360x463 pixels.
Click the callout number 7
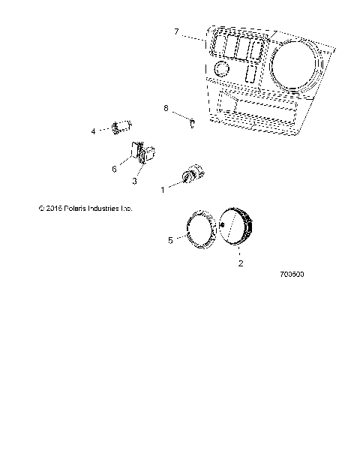point(176,32)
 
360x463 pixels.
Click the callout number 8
point(166,108)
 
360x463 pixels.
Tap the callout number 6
point(115,169)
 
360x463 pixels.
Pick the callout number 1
point(162,191)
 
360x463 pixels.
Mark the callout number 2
point(240,264)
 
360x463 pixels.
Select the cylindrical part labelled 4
point(121,127)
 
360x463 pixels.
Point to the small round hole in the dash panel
point(222,70)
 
